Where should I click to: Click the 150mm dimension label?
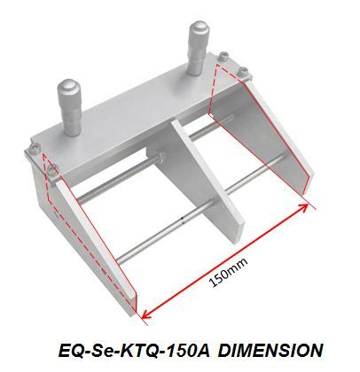228,272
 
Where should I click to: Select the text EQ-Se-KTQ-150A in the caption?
134,351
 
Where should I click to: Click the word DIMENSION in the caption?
271,351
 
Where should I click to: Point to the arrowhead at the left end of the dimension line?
147,314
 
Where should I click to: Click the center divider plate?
207,180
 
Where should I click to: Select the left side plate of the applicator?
95,242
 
